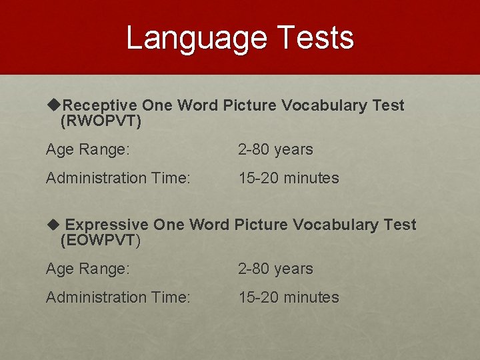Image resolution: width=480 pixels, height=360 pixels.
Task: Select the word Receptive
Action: click(100, 105)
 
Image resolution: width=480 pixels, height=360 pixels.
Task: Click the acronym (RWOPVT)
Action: click(101, 121)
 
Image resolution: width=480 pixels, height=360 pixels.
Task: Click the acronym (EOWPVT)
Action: click(100, 241)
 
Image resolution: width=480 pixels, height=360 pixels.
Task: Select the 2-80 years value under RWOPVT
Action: click(275, 150)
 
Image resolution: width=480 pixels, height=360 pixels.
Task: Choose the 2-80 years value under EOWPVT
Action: click(275, 269)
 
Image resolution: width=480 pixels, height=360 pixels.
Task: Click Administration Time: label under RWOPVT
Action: click(118, 179)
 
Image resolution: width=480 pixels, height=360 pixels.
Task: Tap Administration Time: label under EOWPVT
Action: click(118, 298)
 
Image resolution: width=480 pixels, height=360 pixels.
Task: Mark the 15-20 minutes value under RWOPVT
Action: click(289, 179)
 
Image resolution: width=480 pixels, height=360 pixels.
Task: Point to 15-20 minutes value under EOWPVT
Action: click(289, 298)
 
